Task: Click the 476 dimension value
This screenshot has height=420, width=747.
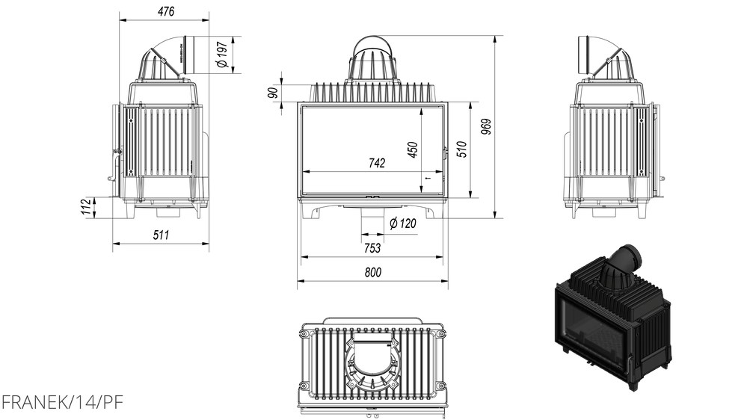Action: point(166,11)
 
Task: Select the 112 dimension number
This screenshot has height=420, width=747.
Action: point(86,207)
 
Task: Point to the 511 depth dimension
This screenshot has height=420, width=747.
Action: point(161,235)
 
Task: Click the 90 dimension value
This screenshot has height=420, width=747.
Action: point(273,93)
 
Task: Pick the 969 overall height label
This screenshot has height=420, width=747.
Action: point(485,126)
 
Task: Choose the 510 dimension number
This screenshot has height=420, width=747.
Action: point(461,149)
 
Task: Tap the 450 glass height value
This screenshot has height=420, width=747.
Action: point(413,149)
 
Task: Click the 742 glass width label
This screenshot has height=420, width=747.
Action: point(376,164)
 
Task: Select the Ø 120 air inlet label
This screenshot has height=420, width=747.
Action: point(402,223)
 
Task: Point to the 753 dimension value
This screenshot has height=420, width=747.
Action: point(372,248)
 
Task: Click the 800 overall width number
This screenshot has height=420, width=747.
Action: point(373,272)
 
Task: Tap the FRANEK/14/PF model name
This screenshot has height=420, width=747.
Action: point(62,402)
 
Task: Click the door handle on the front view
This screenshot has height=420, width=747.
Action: point(446,153)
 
